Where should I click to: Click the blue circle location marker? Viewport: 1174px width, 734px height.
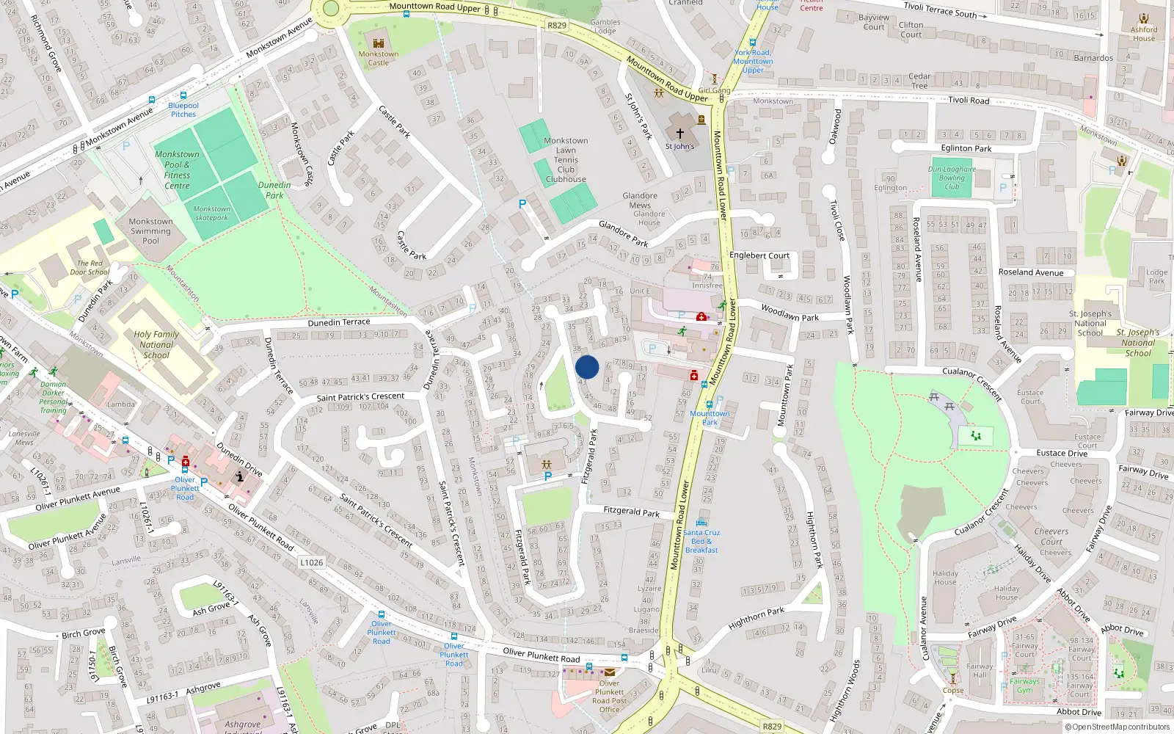(587, 367)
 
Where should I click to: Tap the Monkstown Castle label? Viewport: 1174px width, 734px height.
(379, 58)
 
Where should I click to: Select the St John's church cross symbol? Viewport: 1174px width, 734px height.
(679, 134)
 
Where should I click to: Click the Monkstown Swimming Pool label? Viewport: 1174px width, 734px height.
(150, 230)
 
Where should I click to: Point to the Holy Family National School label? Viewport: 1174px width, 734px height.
(156, 344)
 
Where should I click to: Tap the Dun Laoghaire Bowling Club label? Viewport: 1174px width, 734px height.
(952, 178)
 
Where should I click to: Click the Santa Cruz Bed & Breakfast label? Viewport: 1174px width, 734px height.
(701, 541)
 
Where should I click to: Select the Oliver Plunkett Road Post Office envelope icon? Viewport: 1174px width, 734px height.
(609, 672)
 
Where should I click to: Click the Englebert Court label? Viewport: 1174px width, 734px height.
(759, 255)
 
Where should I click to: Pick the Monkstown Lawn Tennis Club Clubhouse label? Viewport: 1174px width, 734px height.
(566, 159)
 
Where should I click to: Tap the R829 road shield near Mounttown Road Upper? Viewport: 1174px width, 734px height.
(557, 26)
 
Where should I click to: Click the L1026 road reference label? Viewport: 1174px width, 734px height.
(312, 562)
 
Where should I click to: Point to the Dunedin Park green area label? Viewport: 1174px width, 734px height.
(274, 190)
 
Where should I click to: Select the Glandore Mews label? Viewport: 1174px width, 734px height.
(640, 200)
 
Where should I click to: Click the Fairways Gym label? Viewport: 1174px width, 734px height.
(1024, 686)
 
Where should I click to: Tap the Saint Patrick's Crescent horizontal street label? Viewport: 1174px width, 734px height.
(360, 396)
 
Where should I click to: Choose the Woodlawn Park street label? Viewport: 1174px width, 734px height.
(790, 312)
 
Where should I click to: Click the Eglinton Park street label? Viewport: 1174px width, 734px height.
(966, 148)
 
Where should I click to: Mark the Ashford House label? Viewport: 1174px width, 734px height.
(1143, 34)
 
